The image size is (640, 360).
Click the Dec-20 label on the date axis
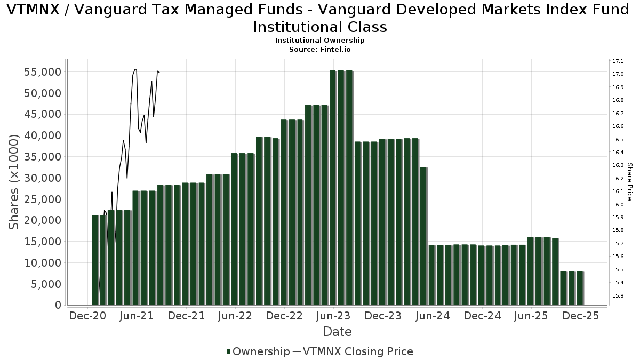click(86, 316)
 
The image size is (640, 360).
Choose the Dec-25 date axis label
click(581, 316)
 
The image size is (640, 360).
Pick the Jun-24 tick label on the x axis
click(432, 316)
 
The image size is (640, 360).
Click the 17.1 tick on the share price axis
click(619, 61)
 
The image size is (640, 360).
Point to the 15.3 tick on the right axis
click(619, 295)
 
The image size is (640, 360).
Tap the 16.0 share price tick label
click(619, 204)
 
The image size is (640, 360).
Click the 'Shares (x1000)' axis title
click(14, 181)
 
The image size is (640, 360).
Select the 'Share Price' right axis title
click(630, 181)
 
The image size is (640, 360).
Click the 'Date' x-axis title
click(337, 332)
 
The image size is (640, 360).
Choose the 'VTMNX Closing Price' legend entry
click(357, 351)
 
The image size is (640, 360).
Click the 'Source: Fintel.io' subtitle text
click(320, 49)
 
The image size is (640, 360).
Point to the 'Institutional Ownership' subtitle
click(320, 41)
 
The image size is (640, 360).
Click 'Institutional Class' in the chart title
click(320, 27)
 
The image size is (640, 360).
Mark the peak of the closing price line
click(135, 70)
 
